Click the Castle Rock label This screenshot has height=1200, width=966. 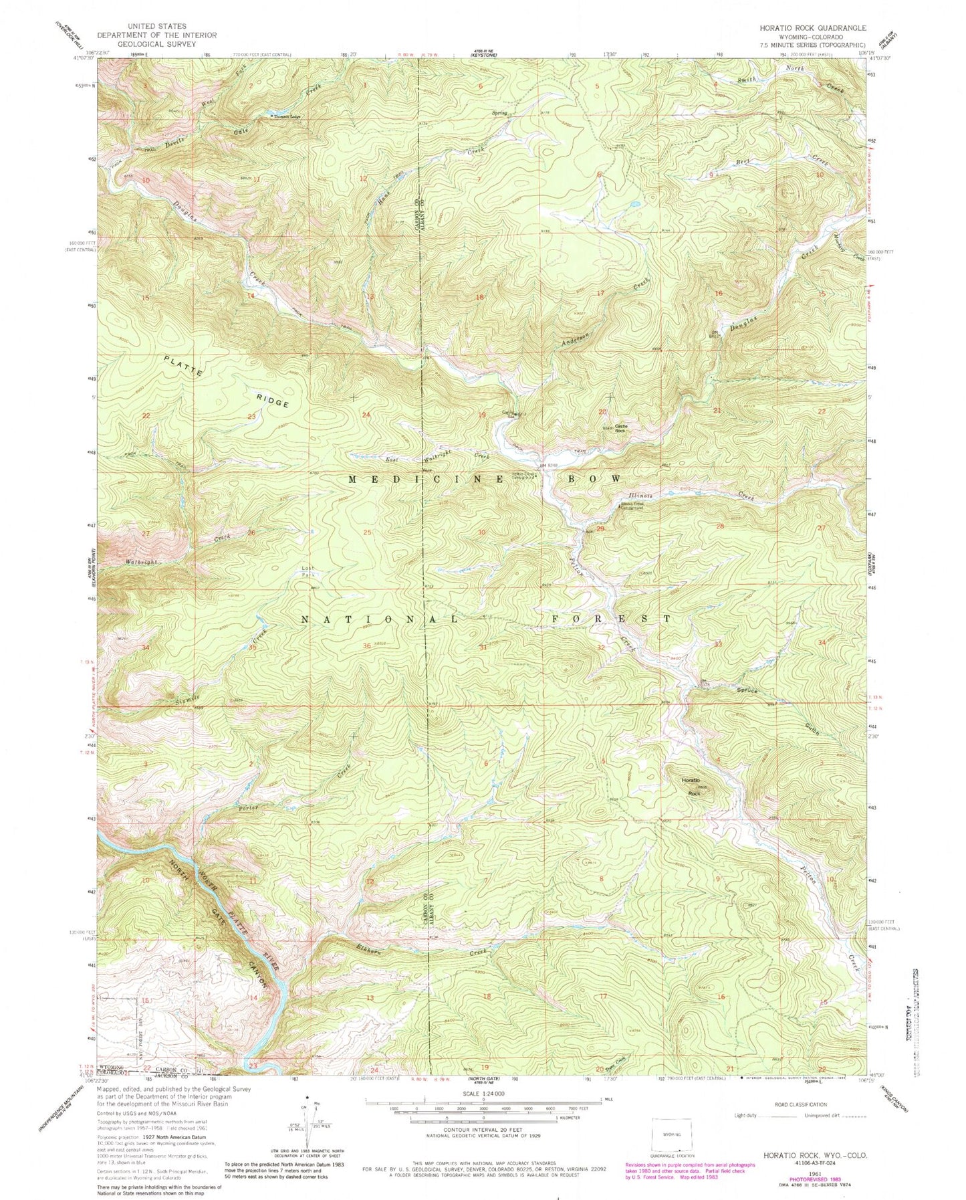(x=620, y=430)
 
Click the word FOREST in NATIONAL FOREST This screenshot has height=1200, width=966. (x=612, y=619)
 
